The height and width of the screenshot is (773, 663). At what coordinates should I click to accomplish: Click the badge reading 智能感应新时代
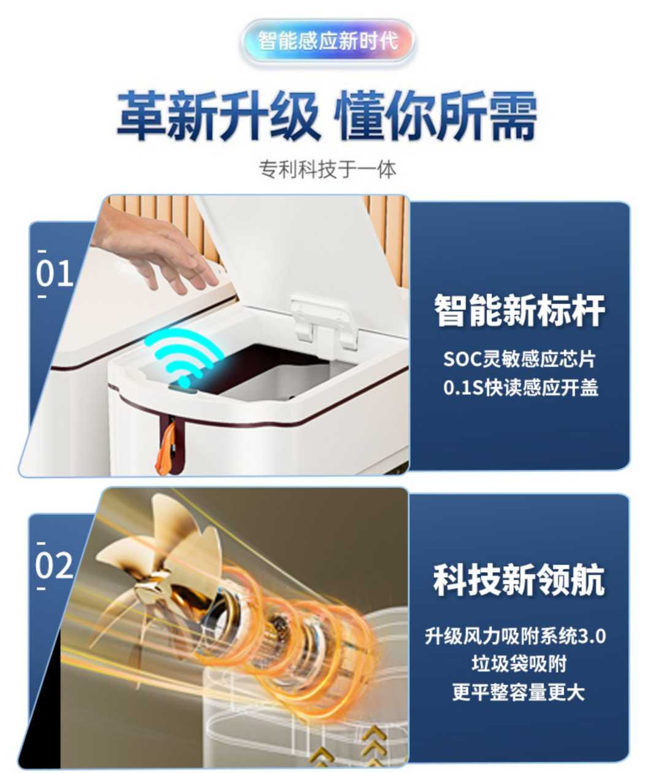328,42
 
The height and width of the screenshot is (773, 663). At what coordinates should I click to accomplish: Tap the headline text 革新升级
219,115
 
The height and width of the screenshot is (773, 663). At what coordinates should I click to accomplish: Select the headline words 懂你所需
437,115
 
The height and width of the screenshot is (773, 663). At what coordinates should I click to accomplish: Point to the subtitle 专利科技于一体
328,169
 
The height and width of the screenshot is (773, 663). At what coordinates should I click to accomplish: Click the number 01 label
54,274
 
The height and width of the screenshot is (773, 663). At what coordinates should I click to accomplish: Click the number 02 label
54,565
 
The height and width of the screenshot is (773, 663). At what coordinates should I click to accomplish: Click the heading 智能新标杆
519,310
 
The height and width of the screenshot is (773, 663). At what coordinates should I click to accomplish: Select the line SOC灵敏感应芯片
519,359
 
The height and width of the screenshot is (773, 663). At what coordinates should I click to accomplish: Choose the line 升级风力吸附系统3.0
516,635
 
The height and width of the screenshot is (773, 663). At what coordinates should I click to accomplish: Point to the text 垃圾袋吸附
519,664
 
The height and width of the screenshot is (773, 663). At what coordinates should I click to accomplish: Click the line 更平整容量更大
519,692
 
